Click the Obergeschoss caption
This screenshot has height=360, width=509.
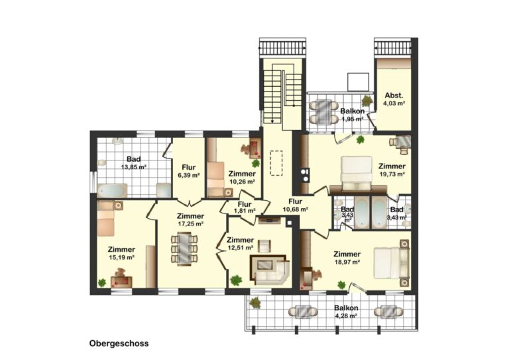point(119,343)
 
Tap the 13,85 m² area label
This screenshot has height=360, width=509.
point(133,167)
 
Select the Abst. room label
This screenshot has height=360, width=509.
point(394,95)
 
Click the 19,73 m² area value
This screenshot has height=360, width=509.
point(392,174)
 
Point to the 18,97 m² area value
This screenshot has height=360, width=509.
point(347,262)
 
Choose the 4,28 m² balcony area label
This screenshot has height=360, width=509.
point(346,316)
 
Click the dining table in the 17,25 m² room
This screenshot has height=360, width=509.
point(184,249)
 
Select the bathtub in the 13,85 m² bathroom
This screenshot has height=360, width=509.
point(112,190)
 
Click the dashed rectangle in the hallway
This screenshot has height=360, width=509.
point(276,163)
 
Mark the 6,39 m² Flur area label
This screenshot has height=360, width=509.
point(189,175)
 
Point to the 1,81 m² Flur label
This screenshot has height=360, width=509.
point(245,208)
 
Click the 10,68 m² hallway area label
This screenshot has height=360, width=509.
point(296,210)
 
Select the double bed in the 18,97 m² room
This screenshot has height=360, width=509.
point(391,263)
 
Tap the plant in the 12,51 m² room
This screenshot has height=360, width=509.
point(236,280)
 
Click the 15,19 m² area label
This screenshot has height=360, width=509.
point(121,257)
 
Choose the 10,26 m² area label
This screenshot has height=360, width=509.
point(242,182)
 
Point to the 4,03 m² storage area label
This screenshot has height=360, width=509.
point(394,103)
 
